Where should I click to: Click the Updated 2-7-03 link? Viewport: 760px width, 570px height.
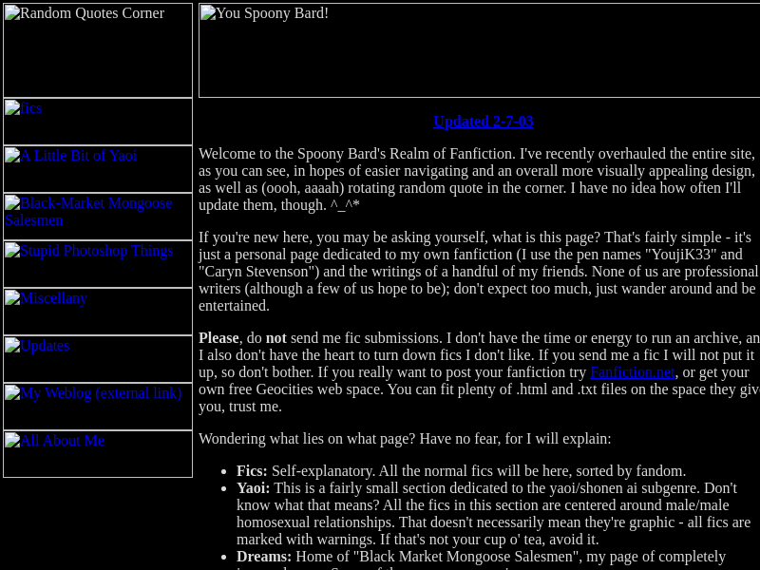(x=483, y=122)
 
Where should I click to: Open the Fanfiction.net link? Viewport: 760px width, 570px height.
(x=632, y=372)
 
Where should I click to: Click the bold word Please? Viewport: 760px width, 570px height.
(x=218, y=338)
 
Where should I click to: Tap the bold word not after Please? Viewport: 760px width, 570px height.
(x=275, y=338)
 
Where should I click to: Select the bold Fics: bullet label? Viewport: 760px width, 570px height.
(x=252, y=471)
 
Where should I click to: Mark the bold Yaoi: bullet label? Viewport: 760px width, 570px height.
(x=253, y=488)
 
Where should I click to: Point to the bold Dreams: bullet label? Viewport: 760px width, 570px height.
(x=263, y=557)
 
